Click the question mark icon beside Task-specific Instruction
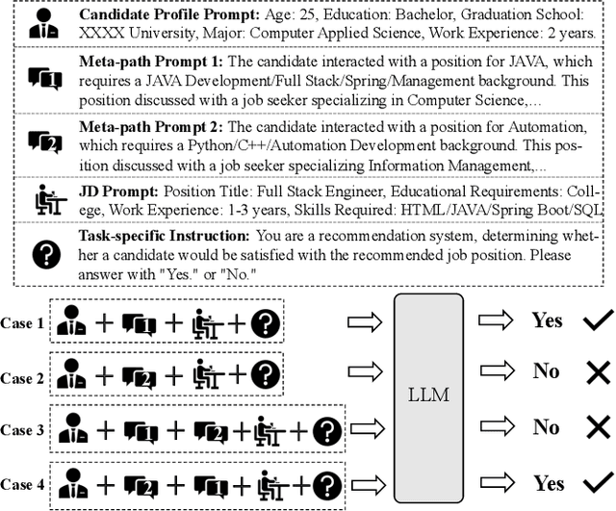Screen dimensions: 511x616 (46, 253)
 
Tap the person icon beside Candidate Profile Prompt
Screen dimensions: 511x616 (44, 26)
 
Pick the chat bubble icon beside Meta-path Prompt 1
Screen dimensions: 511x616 (45, 79)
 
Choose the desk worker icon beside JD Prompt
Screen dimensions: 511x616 (45, 200)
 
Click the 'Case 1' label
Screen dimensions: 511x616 (23, 324)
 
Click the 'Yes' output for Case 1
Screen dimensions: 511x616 (547, 320)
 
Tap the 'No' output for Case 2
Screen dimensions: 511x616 (547, 370)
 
